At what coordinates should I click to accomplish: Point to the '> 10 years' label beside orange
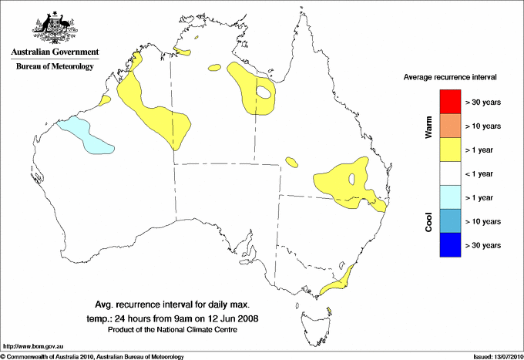(483, 126)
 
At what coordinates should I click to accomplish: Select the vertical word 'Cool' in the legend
(428, 221)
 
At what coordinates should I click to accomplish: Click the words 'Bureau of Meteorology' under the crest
(55, 66)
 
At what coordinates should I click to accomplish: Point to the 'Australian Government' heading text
(54, 52)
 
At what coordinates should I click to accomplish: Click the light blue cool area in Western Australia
(85, 134)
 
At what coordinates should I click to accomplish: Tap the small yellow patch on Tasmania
(329, 311)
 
